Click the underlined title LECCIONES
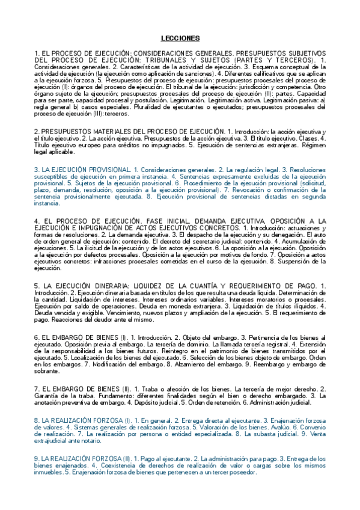pyautogui.click(x=180, y=38)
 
